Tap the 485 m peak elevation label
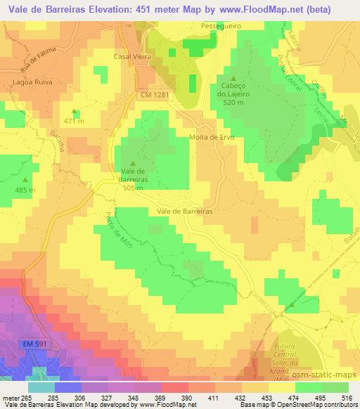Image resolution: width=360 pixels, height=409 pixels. (24, 190)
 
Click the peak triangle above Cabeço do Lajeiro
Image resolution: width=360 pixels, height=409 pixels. (233, 77)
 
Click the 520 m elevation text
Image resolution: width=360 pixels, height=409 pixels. (233, 102)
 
